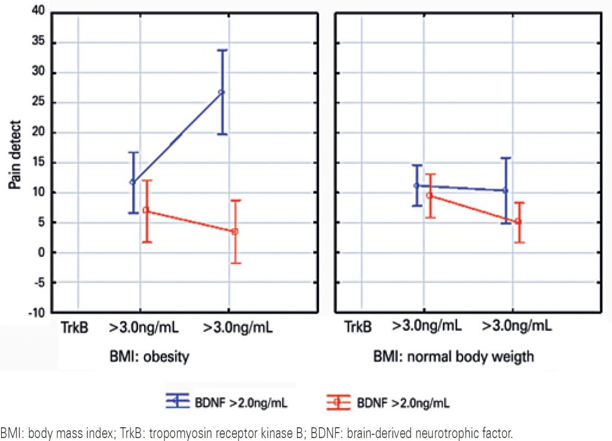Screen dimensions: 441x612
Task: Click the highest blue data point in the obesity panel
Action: (222, 92)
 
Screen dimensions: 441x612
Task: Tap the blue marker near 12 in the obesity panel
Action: (132, 182)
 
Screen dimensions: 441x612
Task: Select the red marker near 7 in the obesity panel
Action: (145, 210)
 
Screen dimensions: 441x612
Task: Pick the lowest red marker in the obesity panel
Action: (235, 231)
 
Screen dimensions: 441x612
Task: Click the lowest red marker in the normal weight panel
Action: (518, 221)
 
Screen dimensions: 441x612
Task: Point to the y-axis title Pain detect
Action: (16, 155)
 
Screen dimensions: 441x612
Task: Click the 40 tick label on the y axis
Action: (38, 13)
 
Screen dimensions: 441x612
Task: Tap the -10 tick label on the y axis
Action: (36, 312)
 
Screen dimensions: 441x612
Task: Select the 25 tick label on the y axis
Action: (38, 103)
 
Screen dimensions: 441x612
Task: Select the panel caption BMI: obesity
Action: (149, 357)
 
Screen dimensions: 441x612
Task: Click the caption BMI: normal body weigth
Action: (454, 357)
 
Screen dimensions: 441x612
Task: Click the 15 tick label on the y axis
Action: (38, 163)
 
